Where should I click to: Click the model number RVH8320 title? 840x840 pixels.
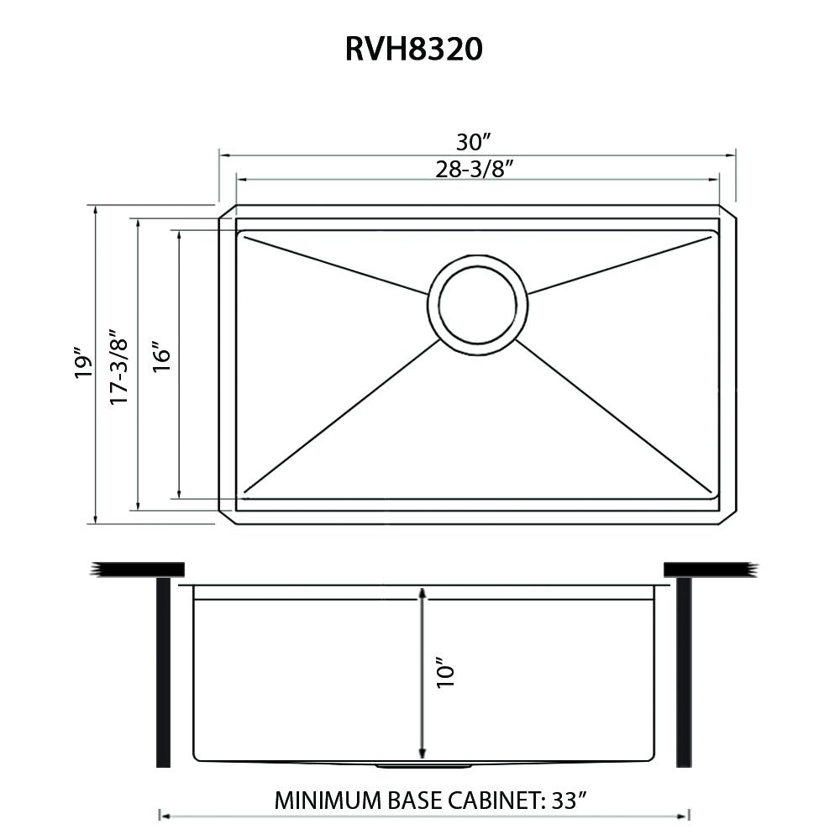(414, 50)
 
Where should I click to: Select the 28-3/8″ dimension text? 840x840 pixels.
(475, 169)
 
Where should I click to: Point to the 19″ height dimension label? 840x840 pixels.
(81, 363)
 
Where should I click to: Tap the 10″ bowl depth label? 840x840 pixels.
(445, 675)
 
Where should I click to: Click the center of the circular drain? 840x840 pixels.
(477, 301)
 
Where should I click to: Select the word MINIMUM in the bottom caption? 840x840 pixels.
(328, 800)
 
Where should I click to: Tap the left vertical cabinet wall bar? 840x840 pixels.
(163, 672)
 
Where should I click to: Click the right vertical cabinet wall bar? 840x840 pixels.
(684, 672)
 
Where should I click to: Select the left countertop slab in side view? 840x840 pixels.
(139, 570)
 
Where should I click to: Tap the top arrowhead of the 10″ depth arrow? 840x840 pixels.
(422, 595)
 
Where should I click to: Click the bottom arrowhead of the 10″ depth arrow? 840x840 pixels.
(422, 753)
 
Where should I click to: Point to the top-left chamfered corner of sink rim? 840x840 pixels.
(225, 212)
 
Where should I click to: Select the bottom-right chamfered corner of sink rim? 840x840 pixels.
(729, 517)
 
